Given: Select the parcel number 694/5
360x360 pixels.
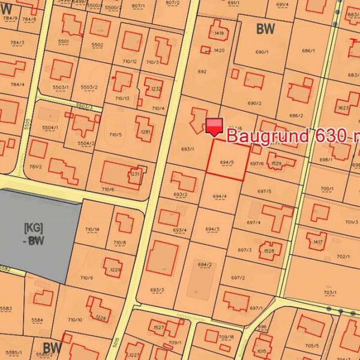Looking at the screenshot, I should [227, 162].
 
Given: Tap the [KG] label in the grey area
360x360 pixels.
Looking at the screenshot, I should [33, 228].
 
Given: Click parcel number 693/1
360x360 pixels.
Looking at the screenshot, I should [187, 148].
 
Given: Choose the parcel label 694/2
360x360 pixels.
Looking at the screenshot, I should [205, 265].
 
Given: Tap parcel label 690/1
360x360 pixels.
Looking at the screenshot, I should [263, 52].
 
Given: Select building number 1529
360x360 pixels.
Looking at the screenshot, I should [276, 163].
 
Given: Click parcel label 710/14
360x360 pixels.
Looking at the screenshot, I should [92, 229].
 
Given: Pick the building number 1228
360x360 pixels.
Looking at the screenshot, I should [101, 318].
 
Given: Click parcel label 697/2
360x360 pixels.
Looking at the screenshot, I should [238, 278].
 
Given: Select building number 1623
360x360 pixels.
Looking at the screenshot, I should [343, 109].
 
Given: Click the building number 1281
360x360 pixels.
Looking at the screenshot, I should [145, 132].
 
